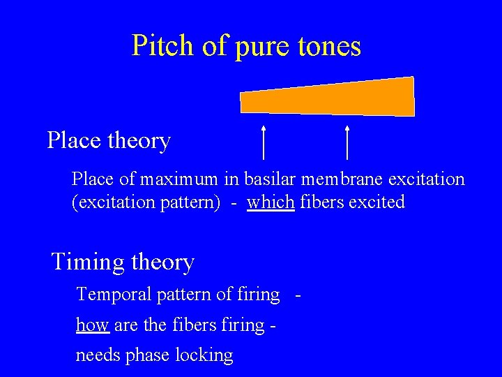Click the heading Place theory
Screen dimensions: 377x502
pyautogui.click(x=109, y=140)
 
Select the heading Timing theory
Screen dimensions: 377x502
pyautogui.click(x=123, y=263)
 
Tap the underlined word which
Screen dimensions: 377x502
pyautogui.click(x=271, y=202)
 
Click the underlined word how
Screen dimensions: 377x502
pyautogui.click(x=89, y=325)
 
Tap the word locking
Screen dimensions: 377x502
pyautogui.click(x=204, y=355)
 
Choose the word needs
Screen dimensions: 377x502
pyautogui.click(x=98, y=355)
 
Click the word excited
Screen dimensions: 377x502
pyautogui.click(x=380, y=202)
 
